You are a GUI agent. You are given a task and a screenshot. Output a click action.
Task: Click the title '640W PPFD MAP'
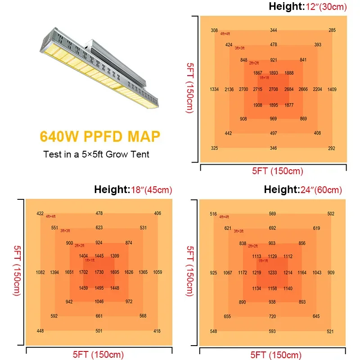click(x=100, y=136)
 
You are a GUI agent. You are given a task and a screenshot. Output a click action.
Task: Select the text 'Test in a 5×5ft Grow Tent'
click(x=96, y=154)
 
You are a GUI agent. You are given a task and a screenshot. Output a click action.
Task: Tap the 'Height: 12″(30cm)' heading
click(x=308, y=7)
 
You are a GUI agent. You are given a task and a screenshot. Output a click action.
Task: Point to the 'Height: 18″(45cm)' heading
click(x=133, y=190)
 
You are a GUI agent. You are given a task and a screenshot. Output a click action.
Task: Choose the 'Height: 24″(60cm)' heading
click(x=303, y=190)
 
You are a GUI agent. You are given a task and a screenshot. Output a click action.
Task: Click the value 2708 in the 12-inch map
click(x=274, y=90)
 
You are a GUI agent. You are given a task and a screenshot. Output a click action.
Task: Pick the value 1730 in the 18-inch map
click(x=99, y=272)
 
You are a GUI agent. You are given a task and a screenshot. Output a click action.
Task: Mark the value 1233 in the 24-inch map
click(x=273, y=272)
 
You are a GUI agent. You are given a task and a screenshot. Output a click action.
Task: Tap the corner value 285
click(x=332, y=30)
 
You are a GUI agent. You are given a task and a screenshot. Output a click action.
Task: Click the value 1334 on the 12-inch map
click(x=214, y=90)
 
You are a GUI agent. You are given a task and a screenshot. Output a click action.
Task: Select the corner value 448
click(x=40, y=331)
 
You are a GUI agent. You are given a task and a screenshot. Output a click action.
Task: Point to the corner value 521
click(x=331, y=331)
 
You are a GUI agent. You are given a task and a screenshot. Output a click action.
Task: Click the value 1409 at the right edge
click(x=332, y=90)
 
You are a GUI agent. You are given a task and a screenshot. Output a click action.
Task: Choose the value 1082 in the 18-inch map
click(x=40, y=272)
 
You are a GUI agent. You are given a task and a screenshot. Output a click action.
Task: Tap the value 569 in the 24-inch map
click(x=273, y=214)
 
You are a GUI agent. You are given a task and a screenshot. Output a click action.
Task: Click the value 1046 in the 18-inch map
click(x=99, y=301)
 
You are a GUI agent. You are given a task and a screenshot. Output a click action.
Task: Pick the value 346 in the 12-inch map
click(x=274, y=148)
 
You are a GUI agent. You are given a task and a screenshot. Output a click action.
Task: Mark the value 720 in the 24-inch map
click(x=273, y=316)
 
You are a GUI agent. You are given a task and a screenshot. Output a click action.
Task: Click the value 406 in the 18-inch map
click(x=157, y=213)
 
